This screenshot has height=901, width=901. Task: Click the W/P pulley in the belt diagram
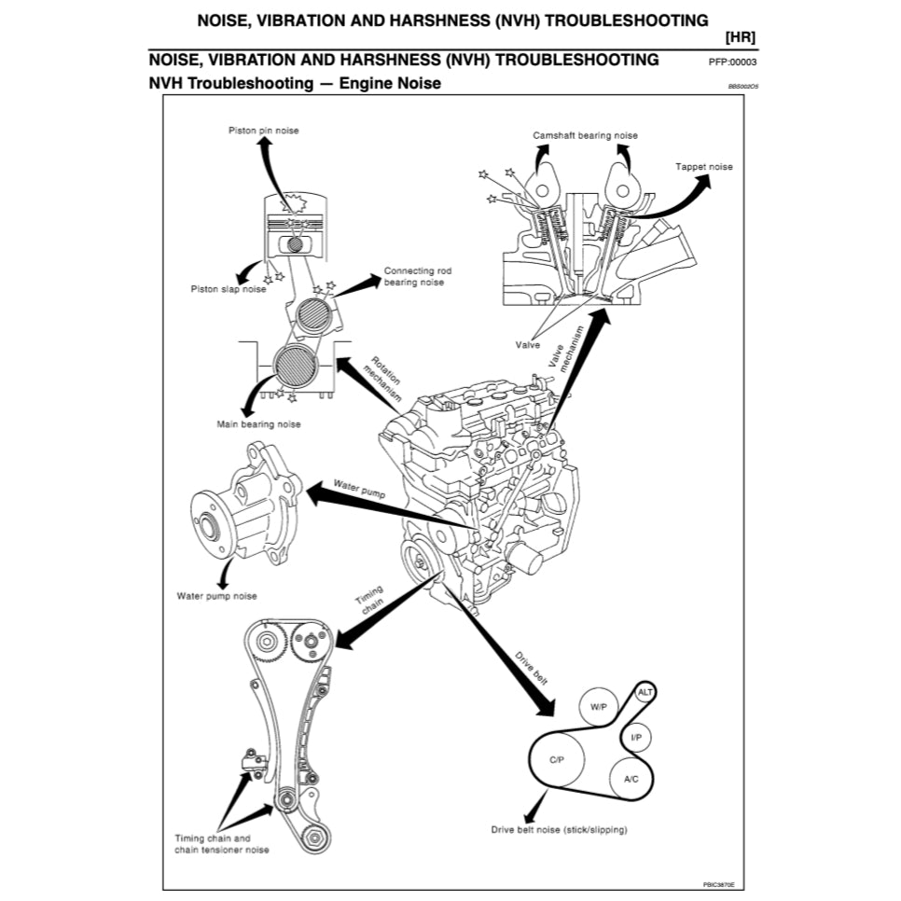click(x=598, y=707)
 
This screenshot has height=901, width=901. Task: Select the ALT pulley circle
click(x=645, y=692)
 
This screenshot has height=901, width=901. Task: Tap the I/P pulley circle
click(x=636, y=738)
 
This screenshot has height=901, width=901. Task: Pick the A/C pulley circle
click(x=630, y=777)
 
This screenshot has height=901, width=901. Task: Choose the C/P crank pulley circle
click(x=557, y=759)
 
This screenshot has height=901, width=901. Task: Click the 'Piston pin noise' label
click(x=264, y=131)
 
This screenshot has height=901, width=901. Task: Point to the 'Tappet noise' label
click(x=704, y=167)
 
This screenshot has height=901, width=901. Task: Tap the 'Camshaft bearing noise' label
click(x=586, y=135)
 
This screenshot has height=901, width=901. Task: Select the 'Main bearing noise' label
click(x=259, y=424)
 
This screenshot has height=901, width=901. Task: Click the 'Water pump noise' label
click(x=216, y=596)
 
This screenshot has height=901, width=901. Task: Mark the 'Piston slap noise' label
click(x=229, y=289)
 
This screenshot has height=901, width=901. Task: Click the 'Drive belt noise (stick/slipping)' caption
click(x=560, y=829)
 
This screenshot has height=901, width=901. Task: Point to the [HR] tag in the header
click(x=740, y=37)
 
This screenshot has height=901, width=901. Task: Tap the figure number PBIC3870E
click(x=719, y=882)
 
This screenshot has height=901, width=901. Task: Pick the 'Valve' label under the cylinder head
click(x=528, y=344)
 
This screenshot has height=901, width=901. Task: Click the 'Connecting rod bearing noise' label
click(x=414, y=276)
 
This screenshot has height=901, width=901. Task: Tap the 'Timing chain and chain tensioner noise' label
click(x=222, y=844)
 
